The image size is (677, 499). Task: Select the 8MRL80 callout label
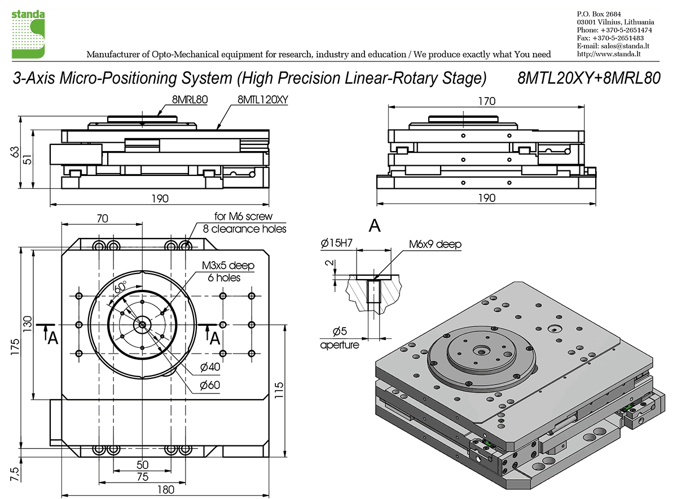click(x=191, y=100)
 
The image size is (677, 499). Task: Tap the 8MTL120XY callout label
click(x=262, y=100)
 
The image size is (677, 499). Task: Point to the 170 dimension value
click(x=486, y=101)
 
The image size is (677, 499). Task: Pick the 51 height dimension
click(x=29, y=160)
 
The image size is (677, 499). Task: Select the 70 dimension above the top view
click(x=102, y=218)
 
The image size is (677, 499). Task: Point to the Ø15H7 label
click(x=337, y=244)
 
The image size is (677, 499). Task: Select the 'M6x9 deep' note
click(x=435, y=244)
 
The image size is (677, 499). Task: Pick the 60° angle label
click(x=120, y=287)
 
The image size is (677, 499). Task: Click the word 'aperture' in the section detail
click(x=340, y=345)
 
